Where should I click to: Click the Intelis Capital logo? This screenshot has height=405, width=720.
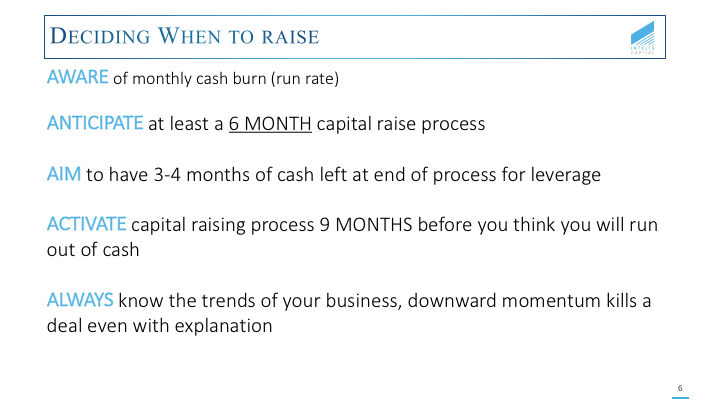642,38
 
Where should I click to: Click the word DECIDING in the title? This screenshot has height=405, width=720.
100,36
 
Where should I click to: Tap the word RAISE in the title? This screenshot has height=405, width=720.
290,37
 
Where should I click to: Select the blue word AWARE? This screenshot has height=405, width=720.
78,77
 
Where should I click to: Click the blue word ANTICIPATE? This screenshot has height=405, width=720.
95,123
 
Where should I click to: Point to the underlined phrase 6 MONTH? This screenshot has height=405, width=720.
270,124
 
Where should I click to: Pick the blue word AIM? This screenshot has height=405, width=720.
64,174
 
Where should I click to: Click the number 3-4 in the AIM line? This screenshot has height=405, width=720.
167,174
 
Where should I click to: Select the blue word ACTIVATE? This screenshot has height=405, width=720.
86,224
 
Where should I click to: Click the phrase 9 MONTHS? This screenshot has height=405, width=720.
366,225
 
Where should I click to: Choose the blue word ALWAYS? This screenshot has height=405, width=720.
80,300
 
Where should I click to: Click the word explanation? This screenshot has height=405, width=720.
224,326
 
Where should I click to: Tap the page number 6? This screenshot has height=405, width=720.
680,388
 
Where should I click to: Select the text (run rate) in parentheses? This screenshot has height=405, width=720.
305,79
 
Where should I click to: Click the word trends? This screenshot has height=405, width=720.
228,301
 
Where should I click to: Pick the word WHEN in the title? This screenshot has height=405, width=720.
189,36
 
